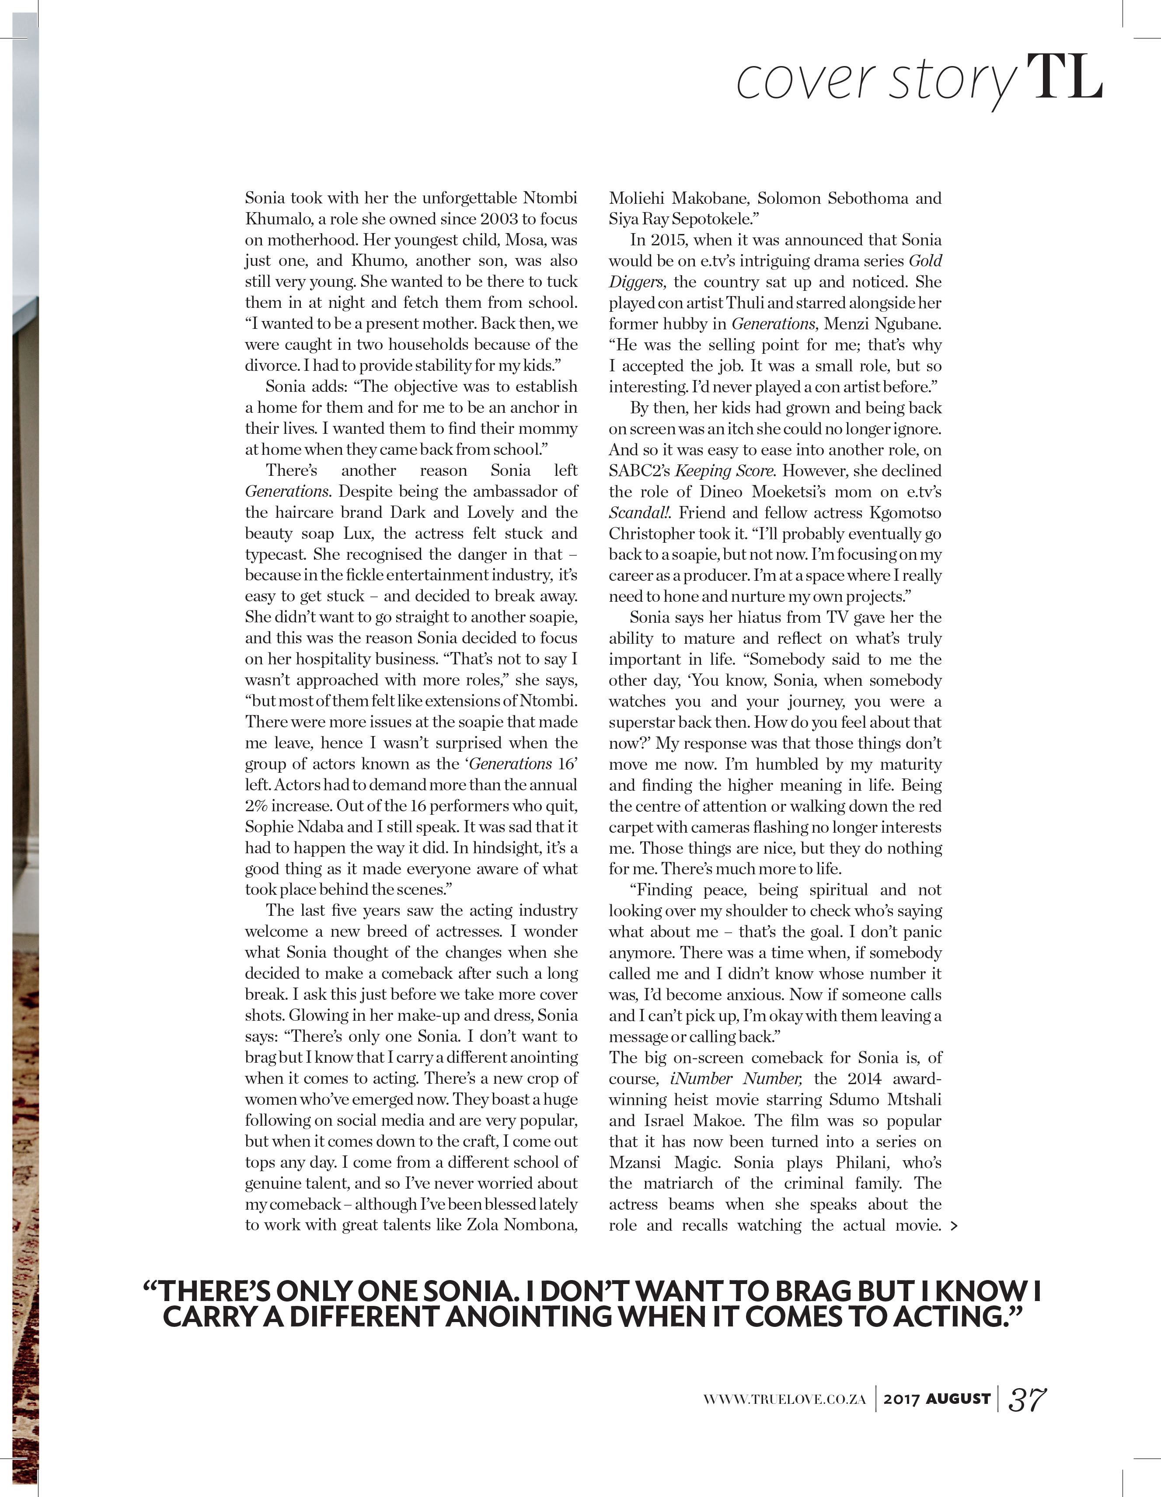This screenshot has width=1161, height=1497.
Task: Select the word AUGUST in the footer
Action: [958, 1398]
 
